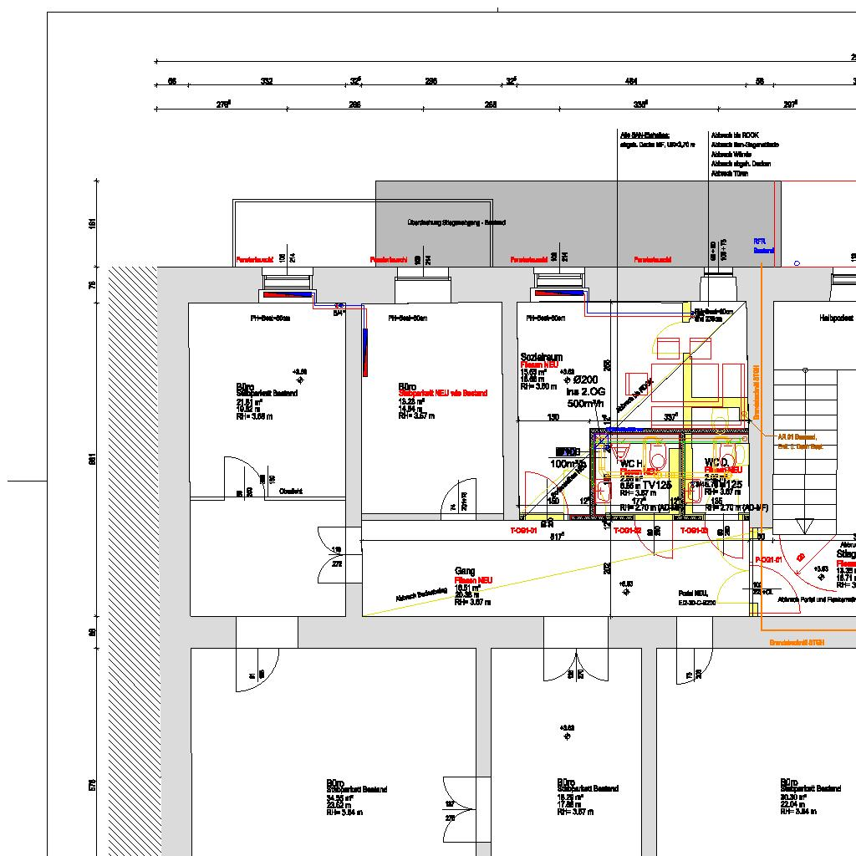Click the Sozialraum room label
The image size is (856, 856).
click(x=537, y=357)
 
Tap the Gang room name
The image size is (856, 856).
click(x=465, y=571)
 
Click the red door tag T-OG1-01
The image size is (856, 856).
click(x=522, y=531)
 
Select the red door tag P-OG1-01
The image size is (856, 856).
click(x=767, y=559)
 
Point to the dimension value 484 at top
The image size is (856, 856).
click(x=631, y=81)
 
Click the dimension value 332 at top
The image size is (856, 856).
click(x=267, y=81)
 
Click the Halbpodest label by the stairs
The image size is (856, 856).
click(x=835, y=318)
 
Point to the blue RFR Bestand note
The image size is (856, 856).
click(x=763, y=246)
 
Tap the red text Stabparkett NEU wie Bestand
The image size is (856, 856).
click(x=442, y=393)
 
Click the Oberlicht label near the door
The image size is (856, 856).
click(x=291, y=491)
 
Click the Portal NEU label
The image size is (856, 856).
click(x=693, y=593)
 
